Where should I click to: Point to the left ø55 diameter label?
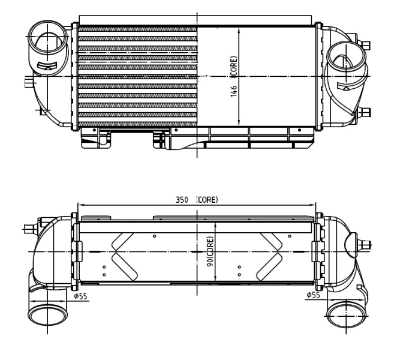[x=80, y=295]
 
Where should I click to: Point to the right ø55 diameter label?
[x=312, y=295]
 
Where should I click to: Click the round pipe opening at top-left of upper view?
[x=46, y=39]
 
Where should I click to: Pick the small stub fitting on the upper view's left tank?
[x=28, y=82]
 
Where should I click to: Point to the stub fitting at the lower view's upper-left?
[x=29, y=228]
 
